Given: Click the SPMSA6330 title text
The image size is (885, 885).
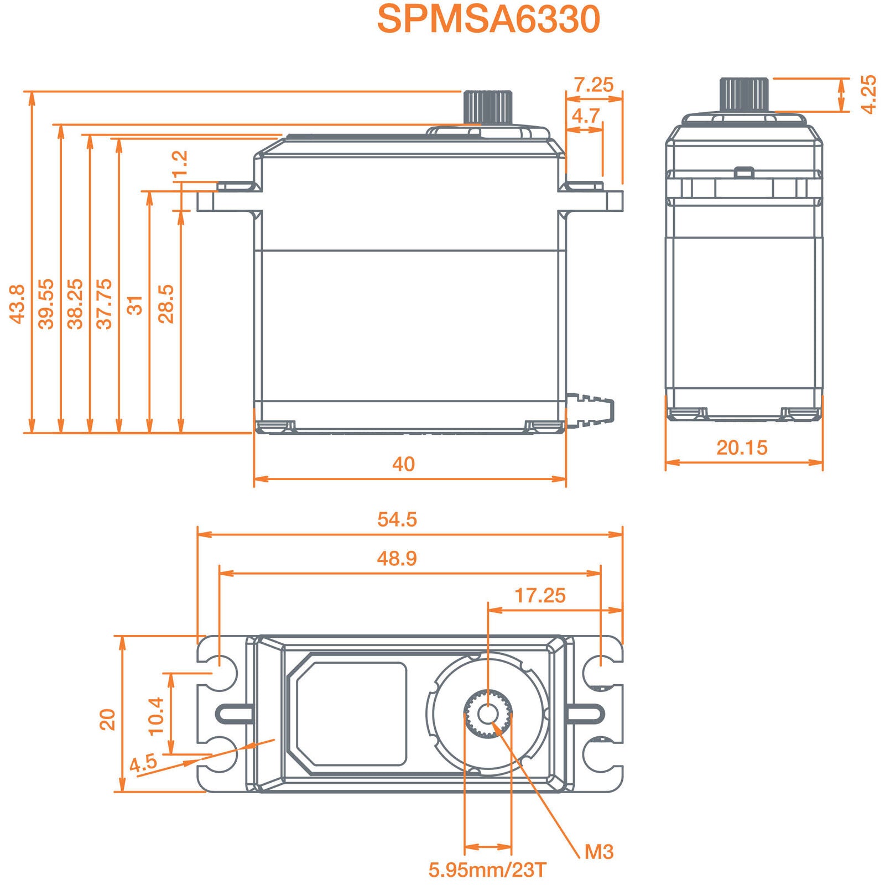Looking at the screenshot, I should [488, 19].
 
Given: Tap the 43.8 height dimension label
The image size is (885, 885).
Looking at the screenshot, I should [17, 304].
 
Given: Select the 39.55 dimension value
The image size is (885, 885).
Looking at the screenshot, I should [46, 304].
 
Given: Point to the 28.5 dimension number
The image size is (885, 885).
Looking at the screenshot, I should [166, 304].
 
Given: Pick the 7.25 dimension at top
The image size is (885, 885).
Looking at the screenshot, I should [594, 85].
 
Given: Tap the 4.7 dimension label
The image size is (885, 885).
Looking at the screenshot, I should [585, 116].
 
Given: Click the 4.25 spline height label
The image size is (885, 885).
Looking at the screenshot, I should [869, 95].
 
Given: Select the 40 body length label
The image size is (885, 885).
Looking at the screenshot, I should [403, 464].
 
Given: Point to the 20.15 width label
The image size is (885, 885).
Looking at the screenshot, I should [742, 447].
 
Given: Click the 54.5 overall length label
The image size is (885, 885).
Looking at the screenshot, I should [397, 519].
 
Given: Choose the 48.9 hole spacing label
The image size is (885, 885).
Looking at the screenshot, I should [397, 558].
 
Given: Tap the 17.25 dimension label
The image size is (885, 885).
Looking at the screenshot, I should [540, 595].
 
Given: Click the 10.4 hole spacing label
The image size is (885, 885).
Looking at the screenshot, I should [157, 715].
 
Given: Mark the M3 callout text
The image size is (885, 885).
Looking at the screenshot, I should [599, 852].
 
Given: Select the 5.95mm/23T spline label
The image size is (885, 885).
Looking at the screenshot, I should [487, 870].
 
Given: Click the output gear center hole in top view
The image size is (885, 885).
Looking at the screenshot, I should [487, 714].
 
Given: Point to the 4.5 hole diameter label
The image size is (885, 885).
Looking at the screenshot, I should [143, 764].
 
